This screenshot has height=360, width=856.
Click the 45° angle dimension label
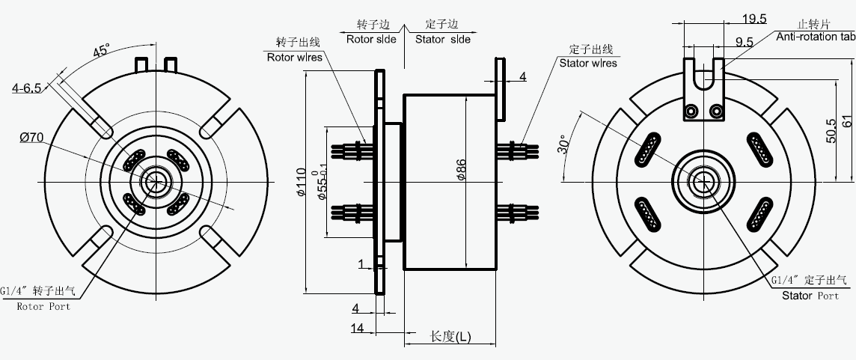point(101,52)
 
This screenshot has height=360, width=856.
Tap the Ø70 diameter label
point(34,137)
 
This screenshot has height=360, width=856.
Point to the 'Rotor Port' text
point(44,306)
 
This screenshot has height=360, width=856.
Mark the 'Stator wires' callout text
point(588,63)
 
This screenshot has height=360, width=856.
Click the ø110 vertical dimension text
point(302,183)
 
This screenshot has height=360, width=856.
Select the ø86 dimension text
point(462,172)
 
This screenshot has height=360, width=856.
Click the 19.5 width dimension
point(753,19)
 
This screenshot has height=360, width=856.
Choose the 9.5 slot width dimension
point(744,43)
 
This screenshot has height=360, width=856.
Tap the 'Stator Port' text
point(810,296)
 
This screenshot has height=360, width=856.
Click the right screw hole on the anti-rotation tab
point(717,112)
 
